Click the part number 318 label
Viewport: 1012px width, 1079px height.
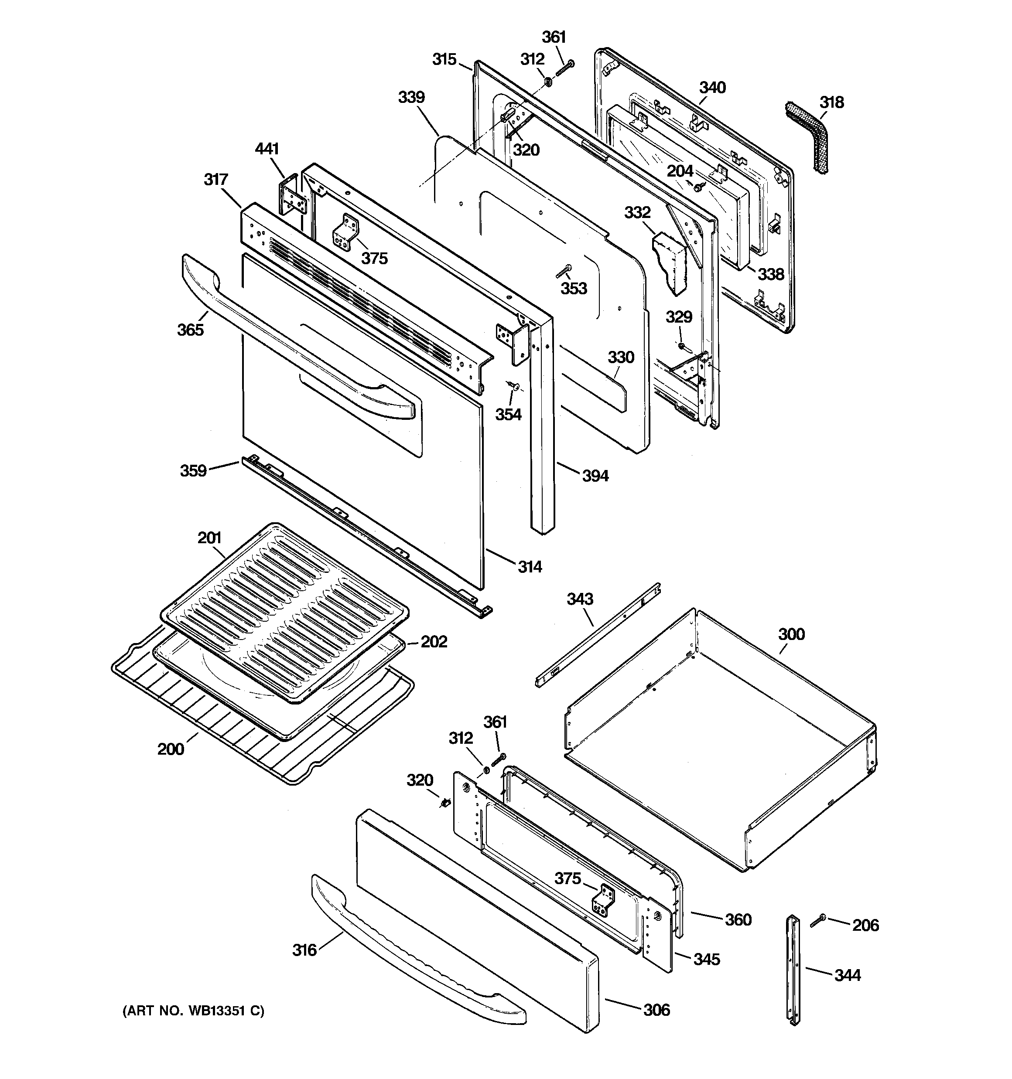coord(832,102)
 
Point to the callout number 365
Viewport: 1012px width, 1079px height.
coord(190,330)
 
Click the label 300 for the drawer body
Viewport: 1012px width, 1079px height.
coord(791,634)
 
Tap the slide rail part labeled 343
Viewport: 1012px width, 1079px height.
coord(598,635)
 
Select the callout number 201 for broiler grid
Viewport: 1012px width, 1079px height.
coord(209,538)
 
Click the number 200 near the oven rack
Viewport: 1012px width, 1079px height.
coord(171,749)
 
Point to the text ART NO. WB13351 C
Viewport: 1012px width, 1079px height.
coord(193,1011)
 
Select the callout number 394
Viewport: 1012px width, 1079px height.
coord(595,476)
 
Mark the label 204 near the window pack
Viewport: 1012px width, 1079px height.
coord(680,171)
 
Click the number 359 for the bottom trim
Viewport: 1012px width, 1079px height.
coord(193,470)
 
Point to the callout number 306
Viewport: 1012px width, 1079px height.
coord(656,1010)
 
